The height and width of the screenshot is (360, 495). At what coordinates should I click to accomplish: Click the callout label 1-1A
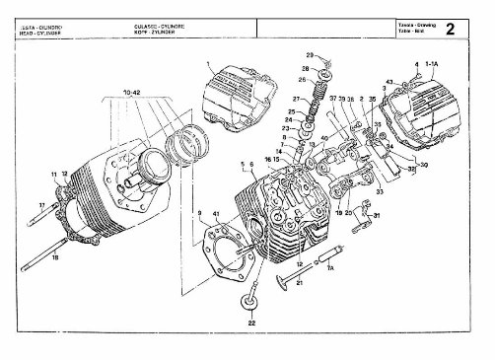433,64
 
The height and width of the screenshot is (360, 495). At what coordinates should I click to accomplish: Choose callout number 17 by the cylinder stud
41,205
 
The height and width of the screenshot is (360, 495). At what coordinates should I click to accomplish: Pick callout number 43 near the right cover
389,81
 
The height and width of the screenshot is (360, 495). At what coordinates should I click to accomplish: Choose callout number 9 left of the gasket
200,213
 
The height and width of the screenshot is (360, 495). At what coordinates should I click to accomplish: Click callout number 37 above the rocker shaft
333,99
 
